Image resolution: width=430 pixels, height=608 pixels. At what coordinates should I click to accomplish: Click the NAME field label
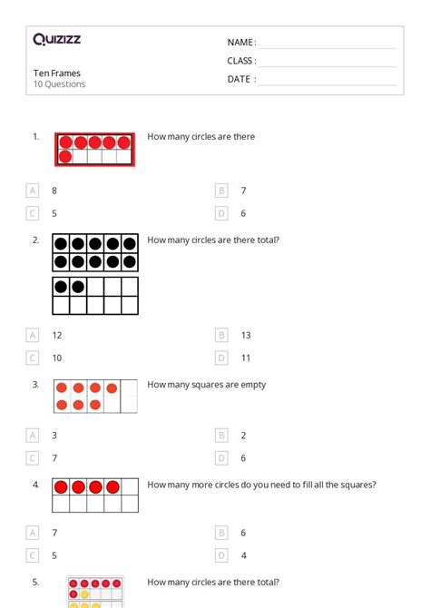pyautogui.click(x=240, y=43)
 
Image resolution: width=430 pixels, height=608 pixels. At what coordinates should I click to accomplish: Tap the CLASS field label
pyautogui.click(x=241, y=61)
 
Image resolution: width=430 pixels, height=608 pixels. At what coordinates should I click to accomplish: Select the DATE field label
pyautogui.click(x=240, y=79)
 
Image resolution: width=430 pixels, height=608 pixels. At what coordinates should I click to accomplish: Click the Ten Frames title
pyautogui.click(x=57, y=73)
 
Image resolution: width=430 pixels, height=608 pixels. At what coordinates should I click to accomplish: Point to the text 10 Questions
pyautogui.click(x=60, y=84)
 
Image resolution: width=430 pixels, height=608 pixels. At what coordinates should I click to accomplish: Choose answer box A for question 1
pyautogui.click(x=33, y=191)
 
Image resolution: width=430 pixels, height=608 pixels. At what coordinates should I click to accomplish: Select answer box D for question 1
pyautogui.click(x=221, y=213)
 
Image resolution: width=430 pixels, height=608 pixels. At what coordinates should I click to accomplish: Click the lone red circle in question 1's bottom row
pyautogui.click(x=64, y=157)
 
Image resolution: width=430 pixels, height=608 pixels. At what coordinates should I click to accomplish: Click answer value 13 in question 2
pyautogui.click(x=246, y=335)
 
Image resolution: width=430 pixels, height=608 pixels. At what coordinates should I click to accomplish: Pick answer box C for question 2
pyautogui.click(x=33, y=358)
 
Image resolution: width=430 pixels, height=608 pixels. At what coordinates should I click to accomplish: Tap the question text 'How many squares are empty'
pyautogui.click(x=207, y=384)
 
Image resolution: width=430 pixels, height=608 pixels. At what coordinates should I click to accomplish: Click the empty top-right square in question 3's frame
pyautogui.click(x=129, y=388)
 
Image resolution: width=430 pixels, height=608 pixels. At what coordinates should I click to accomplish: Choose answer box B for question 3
pyautogui.click(x=221, y=436)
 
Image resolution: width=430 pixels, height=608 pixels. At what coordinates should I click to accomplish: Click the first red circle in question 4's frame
pyautogui.click(x=62, y=487)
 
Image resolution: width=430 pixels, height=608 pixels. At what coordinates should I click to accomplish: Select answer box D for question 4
pyautogui.click(x=221, y=555)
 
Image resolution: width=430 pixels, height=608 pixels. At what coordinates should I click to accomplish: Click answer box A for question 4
pyautogui.click(x=33, y=533)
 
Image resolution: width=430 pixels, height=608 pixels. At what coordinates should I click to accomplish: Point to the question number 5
pyautogui.click(x=35, y=583)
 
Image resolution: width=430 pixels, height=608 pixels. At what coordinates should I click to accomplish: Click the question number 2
pyautogui.click(x=35, y=240)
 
